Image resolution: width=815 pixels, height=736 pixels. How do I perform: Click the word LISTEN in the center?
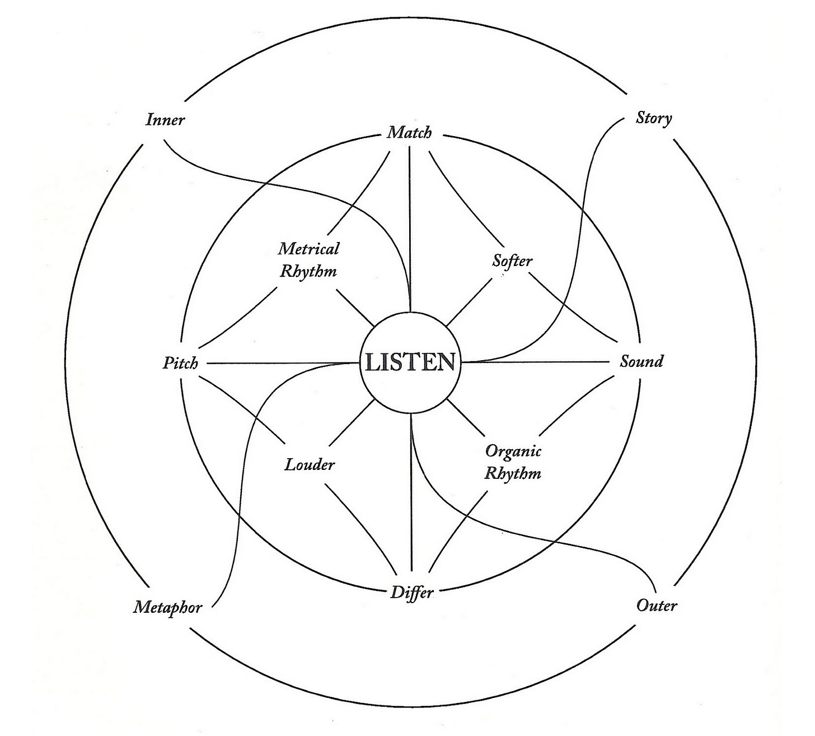[410, 362]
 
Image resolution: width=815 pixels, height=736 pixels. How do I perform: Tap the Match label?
[410, 133]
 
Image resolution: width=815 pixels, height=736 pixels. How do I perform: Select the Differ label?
[411, 593]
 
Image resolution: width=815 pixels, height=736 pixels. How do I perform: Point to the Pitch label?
[180, 363]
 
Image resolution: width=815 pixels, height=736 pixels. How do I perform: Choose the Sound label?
[641, 361]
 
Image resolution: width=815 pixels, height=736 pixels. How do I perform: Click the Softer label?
[512, 260]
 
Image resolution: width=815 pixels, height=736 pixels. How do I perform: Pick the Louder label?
[310, 464]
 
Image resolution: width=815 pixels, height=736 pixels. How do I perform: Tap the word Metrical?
[308, 248]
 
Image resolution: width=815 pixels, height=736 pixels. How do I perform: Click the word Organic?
[513, 451]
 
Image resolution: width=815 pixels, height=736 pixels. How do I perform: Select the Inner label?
[165, 119]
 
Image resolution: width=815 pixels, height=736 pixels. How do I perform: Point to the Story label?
[654, 118]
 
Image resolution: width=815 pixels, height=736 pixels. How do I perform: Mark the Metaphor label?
[167, 607]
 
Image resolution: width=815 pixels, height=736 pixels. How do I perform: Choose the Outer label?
[657, 605]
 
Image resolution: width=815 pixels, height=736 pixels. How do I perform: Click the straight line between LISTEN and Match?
[410, 224]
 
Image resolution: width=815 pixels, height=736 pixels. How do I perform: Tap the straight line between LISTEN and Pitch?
[280, 364]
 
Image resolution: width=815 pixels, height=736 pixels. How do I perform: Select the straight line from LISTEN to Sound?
[537, 362]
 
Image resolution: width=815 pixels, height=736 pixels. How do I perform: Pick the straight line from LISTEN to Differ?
[411, 504]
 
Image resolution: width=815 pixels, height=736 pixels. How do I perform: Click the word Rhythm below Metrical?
[308, 272]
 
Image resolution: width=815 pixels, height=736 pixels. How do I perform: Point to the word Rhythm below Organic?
[513, 473]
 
